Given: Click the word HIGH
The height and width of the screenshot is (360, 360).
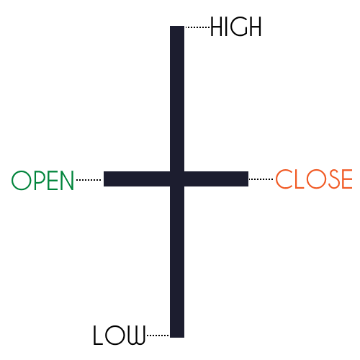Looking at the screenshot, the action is point(235,27).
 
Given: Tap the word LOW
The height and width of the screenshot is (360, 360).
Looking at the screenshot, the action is point(120,335).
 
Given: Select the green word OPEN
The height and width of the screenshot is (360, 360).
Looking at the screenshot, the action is point(42,180).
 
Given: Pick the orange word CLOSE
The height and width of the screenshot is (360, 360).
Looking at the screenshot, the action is point(314,179).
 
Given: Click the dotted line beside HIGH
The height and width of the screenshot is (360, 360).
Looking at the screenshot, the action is point(197,27).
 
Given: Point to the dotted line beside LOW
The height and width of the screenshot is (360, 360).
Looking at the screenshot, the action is point(158,336).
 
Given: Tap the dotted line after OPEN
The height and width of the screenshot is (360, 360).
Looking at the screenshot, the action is point(89,180).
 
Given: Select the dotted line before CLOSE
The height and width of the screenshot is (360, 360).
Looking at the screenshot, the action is point(261,179).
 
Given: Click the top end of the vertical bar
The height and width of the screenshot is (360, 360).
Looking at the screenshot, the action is point(177,26).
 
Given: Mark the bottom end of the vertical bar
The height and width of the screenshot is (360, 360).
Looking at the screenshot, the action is point(177,337).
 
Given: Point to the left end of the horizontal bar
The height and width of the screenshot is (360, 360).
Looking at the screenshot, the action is point(104,179).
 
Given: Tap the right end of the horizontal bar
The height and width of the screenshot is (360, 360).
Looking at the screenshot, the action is point(248,179).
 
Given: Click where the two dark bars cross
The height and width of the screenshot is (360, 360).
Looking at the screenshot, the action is point(177,179).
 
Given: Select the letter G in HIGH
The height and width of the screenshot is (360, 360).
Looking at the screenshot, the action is point(240,27).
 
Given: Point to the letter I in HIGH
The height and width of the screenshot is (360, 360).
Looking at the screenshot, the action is point(227,27).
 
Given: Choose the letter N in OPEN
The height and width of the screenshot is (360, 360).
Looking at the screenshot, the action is point(66,180).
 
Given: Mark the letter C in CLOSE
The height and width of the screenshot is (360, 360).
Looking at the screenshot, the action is point(283,179).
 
